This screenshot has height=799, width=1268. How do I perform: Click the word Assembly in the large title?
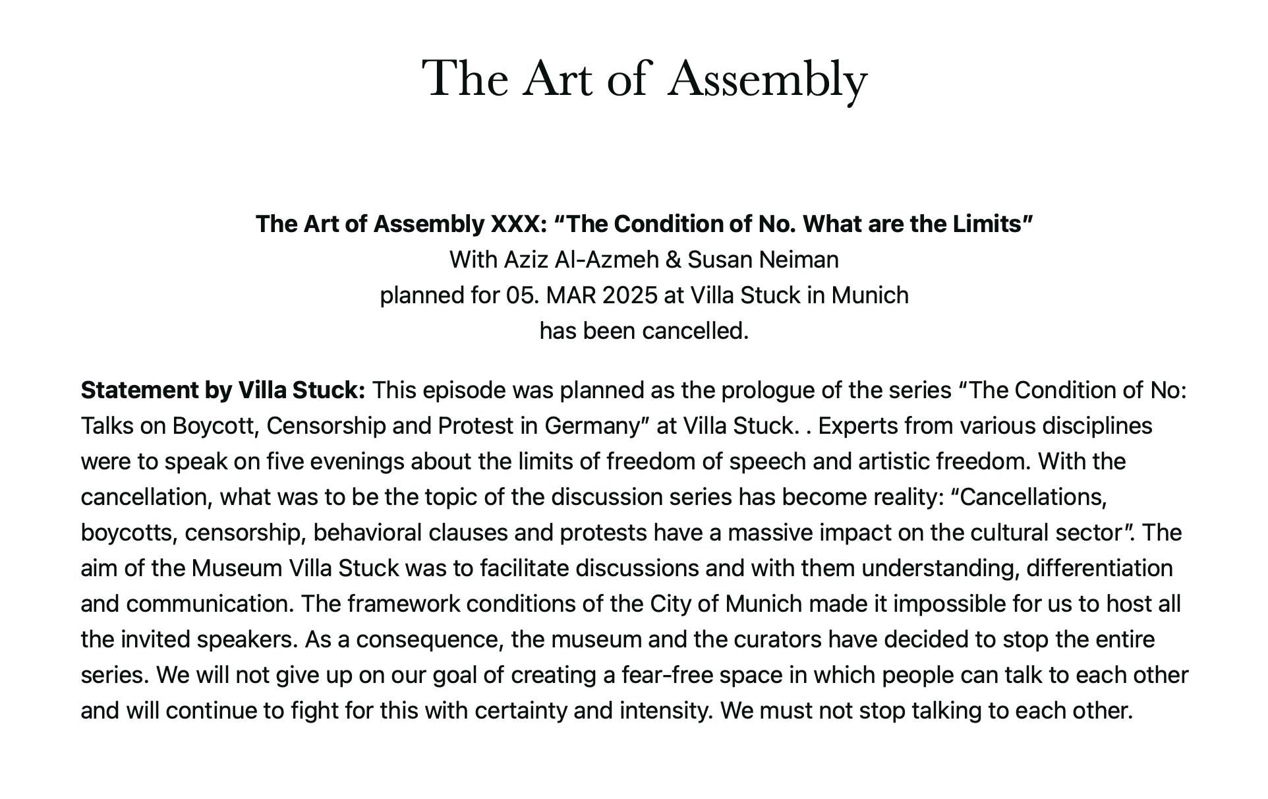pyautogui.click(x=767, y=79)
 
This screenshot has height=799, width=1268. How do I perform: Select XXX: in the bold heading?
pyautogui.click(x=519, y=224)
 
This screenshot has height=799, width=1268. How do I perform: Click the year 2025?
pyautogui.click(x=629, y=295)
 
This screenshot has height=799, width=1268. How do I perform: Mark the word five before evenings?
pyautogui.click(x=284, y=461)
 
